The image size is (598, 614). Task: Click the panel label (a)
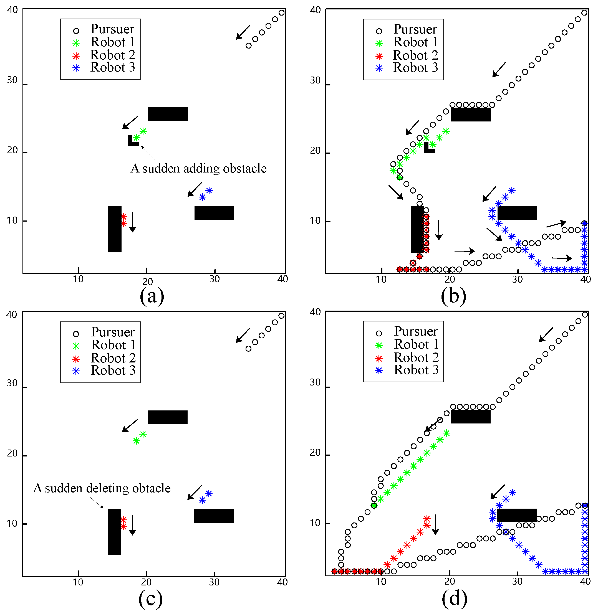click(152, 296)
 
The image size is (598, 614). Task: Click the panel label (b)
click(453, 296)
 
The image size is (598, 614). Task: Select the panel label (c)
click(150, 599)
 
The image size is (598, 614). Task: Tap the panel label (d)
click(454, 599)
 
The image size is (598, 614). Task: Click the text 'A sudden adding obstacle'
click(198, 169)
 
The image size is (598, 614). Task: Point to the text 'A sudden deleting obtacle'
click(102, 488)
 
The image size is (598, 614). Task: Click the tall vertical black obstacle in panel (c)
click(114, 532)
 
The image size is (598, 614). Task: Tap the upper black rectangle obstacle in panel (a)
click(168, 114)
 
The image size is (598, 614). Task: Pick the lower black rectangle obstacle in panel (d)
click(517, 515)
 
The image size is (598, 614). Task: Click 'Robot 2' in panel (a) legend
click(112, 55)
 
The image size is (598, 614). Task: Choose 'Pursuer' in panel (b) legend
click(415, 29)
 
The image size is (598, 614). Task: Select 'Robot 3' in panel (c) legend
click(113, 371)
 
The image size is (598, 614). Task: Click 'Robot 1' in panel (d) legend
click(416, 344)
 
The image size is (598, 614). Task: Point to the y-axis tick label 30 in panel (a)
click(12, 80)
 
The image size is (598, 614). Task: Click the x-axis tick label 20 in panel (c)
click(146, 582)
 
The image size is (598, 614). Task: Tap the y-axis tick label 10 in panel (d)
click(315, 523)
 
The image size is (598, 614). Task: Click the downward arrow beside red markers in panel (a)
click(133, 222)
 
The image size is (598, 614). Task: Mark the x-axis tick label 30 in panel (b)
click(517, 279)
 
